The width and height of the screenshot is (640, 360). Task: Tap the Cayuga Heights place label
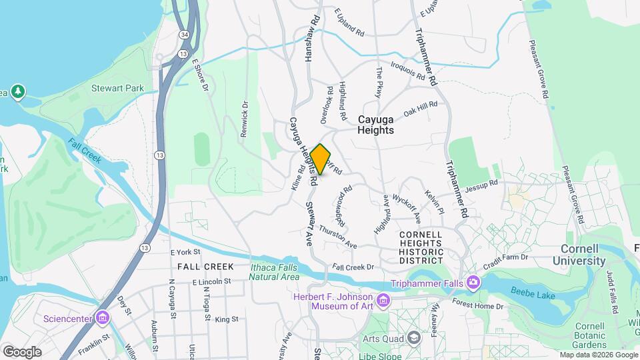pyautogui.click(x=385, y=125)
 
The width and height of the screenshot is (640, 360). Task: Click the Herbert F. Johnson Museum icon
pyautogui.click(x=383, y=301)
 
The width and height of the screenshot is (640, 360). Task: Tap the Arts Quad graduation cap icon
pyautogui.click(x=414, y=337)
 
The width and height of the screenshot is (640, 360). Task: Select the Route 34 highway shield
pyautogui.click(x=183, y=34)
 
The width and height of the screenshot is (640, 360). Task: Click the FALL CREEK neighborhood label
pyautogui.click(x=205, y=267)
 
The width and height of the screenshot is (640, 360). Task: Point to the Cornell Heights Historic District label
pyautogui.click(x=421, y=247)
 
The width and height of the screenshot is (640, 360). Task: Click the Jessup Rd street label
pyautogui.click(x=482, y=183)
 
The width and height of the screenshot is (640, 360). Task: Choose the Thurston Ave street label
pyautogui.click(x=338, y=237)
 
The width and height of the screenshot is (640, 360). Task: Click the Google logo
pyautogui.click(x=22, y=351)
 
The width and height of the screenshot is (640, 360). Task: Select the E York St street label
pyautogui.click(x=185, y=253)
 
